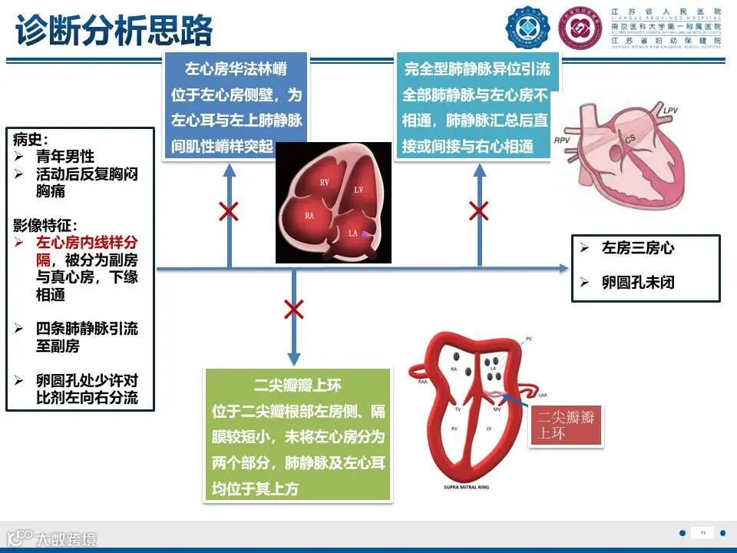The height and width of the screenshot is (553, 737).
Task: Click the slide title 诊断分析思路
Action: tap(114, 32)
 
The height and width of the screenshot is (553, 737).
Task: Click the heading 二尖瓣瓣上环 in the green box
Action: tap(297, 386)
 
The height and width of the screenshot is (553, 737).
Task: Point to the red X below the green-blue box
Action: tap(480, 210)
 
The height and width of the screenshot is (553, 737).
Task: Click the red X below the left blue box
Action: tap(228, 211)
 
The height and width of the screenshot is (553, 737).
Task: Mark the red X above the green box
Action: tap(293, 310)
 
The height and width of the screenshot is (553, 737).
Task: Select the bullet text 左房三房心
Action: tap(638, 248)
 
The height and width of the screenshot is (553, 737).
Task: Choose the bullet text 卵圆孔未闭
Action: tap(638, 283)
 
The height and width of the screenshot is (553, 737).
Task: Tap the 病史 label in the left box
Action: tap(30, 139)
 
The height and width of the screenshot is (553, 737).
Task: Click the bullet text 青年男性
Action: tap(65, 157)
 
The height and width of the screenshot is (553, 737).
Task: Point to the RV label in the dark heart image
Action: tap(325, 182)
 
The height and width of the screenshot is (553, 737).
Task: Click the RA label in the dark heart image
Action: tap(309, 216)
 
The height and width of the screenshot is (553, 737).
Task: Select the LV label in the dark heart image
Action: tap(358, 189)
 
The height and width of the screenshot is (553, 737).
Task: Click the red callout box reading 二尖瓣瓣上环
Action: tap(567, 426)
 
